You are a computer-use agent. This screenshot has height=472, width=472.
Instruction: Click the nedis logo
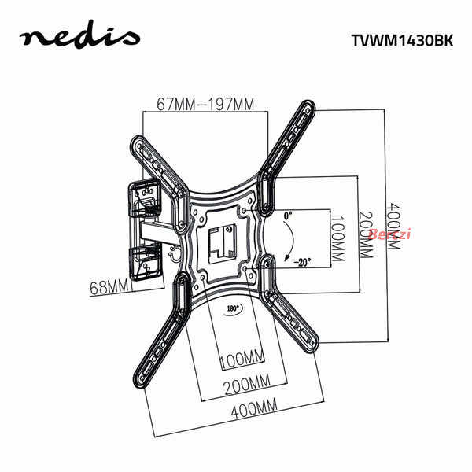pos(79,36)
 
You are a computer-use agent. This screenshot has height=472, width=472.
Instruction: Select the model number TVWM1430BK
pos(402,40)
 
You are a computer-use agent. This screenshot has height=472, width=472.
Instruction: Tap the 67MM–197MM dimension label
pos(205,104)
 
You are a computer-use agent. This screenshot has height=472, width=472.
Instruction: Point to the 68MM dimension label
pos(109,287)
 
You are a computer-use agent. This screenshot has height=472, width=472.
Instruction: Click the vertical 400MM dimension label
pos(393,227)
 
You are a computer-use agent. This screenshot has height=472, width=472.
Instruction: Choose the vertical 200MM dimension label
pos(366,235)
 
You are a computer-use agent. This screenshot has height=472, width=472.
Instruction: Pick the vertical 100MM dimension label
pos(337,238)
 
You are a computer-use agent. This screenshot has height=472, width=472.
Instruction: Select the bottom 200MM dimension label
pos(247,384)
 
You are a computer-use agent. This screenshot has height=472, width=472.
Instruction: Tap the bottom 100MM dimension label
pos(242,360)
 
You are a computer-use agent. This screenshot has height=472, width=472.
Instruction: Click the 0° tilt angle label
pos(288,216)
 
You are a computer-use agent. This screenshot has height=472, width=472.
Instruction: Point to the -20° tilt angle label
pos(302,263)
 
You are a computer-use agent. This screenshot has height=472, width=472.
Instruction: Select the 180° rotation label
pos(233,308)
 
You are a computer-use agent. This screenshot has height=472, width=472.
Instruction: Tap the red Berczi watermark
pos(389,234)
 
